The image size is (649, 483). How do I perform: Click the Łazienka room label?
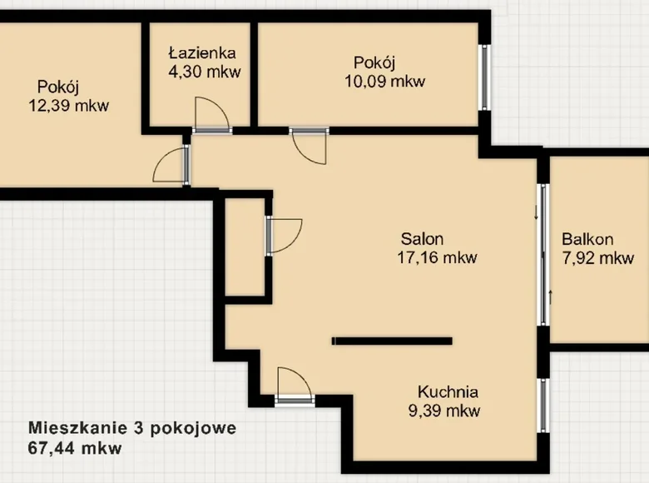[x=202, y=52]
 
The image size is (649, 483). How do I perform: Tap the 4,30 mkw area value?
[x=205, y=72]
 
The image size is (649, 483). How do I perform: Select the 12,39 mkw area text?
[x=69, y=106]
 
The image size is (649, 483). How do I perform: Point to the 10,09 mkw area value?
[x=385, y=81]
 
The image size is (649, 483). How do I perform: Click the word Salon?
[x=422, y=239]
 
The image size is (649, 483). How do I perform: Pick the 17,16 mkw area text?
[x=438, y=257]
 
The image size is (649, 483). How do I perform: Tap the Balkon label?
[x=587, y=240]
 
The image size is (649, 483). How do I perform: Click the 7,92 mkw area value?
[x=598, y=258]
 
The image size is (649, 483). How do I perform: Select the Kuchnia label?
[x=448, y=392]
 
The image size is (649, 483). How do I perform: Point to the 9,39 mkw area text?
[x=444, y=411]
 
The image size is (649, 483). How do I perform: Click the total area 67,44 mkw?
[x=75, y=448]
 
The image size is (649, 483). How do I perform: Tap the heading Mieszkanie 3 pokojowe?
[x=132, y=428]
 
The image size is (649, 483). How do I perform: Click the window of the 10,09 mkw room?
[x=485, y=77]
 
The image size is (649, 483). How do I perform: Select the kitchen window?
[x=544, y=406]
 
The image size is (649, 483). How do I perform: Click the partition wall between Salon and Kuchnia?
[x=392, y=341]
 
